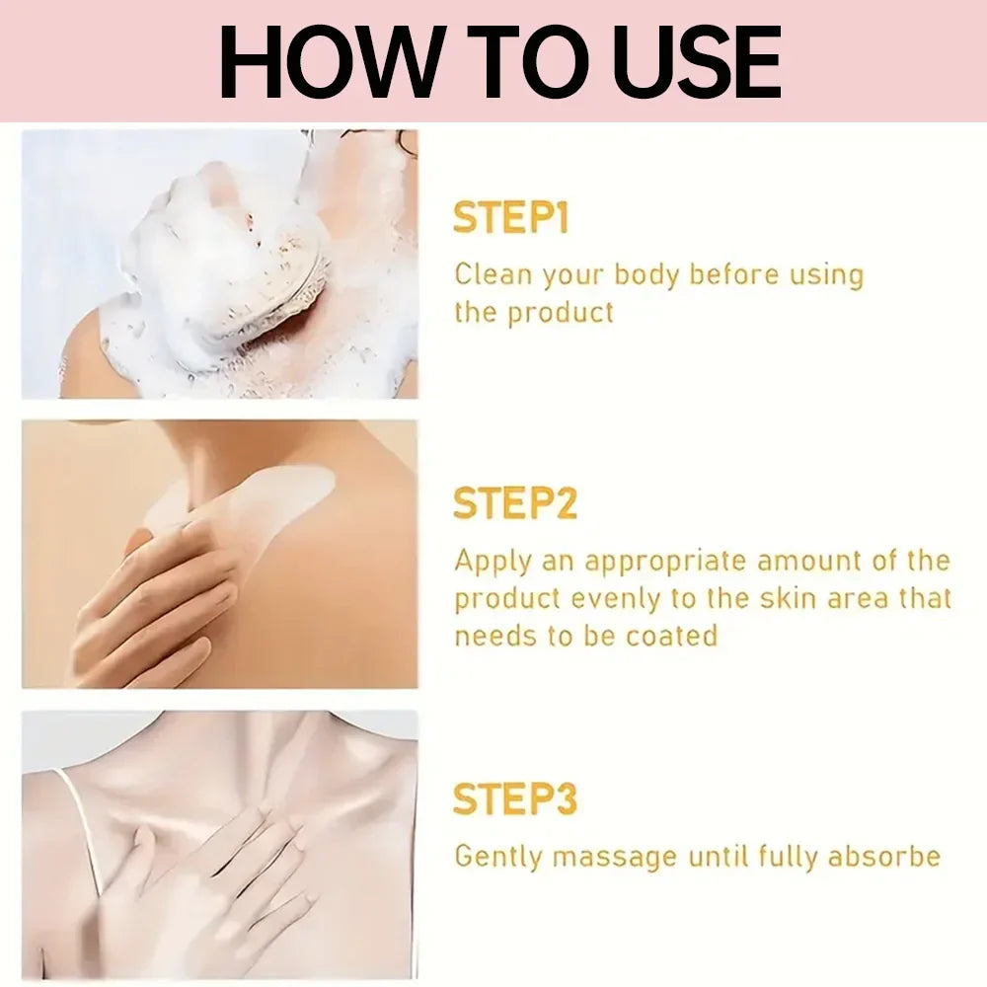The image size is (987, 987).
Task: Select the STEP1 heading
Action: click(510, 218)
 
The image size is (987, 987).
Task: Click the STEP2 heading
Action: click(514, 503)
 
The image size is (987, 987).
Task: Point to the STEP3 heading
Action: click(514, 798)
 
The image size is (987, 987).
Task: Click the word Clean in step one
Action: click(493, 274)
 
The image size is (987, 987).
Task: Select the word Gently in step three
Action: click(497, 858)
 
